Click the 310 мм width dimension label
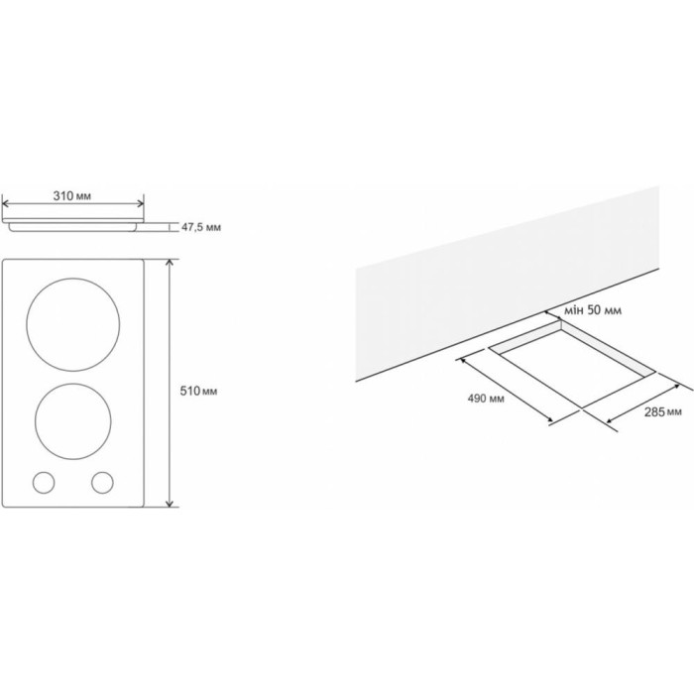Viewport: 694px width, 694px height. click(x=72, y=195)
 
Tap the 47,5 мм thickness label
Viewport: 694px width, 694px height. click(x=201, y=227)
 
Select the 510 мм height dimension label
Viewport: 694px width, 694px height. click(x=198, y=392)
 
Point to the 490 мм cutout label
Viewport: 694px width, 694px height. click(x=486, y=399)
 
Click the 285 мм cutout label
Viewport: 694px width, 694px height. click(x=663, y=412)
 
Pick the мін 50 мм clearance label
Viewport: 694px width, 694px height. click(x=593, y=310)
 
